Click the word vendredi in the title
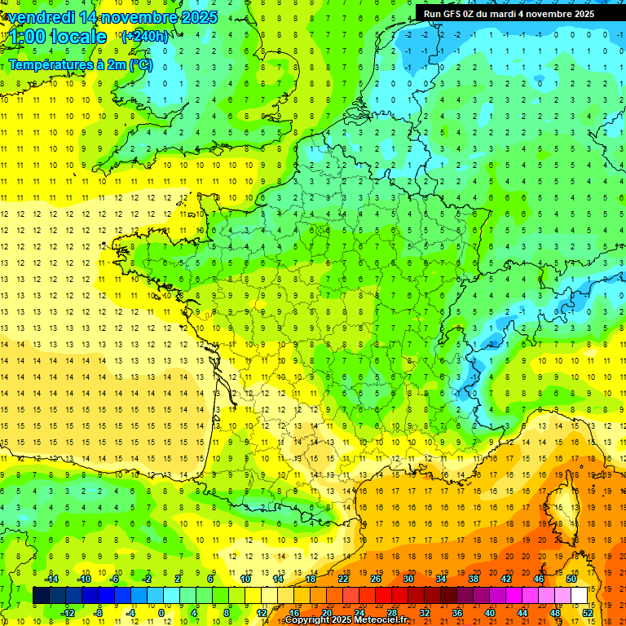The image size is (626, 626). click(38, 17)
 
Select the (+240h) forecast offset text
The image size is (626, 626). click(145, 36)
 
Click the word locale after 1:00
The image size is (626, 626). click(78, 37)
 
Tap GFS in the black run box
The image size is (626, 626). click(453, 14)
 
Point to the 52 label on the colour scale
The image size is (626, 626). click(588, 613)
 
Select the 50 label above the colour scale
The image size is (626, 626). click(571, 579)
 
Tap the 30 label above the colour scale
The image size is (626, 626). click(408, 579)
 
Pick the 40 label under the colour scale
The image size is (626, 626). click(490, 613)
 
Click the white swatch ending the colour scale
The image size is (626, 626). click(580, 596)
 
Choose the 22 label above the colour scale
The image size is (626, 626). click(343, 579)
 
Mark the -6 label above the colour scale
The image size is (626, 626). click(115, 579)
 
